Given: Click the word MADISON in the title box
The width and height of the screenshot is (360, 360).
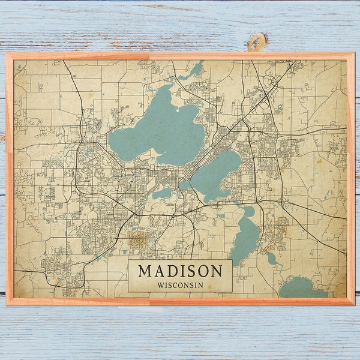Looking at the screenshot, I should coord(180,271).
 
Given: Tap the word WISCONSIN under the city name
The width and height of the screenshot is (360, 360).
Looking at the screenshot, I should coord(180,284).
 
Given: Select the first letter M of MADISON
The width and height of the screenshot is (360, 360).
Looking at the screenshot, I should coord(145,271).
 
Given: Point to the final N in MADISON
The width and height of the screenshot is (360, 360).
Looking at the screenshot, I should coord(217,271).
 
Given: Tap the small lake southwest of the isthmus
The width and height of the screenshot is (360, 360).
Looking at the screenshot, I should coord(162,193).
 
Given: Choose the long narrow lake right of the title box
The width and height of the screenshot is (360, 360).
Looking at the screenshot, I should coord(245,237).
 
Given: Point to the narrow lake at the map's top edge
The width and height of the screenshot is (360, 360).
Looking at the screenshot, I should coord(194,71).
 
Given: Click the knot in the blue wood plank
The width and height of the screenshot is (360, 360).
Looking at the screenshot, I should coord(256,41).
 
